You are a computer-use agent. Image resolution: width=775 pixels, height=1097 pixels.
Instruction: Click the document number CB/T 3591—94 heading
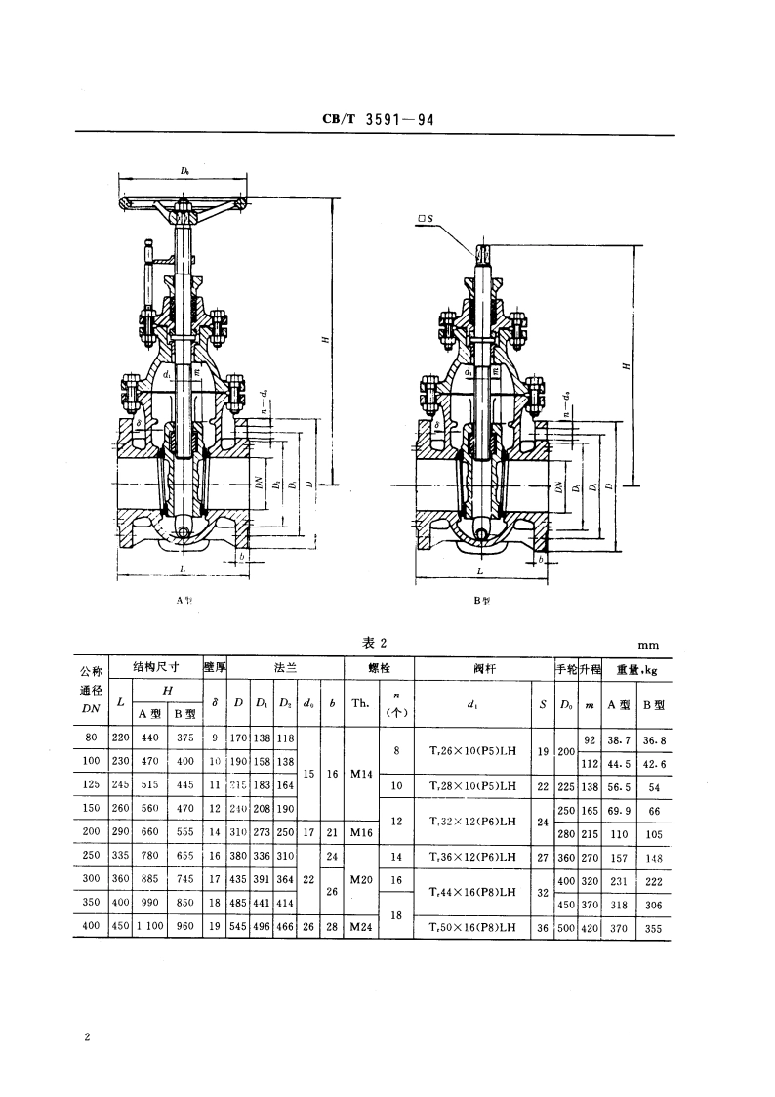tap(378, 120)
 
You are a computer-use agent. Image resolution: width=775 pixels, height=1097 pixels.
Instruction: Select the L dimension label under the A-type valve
tap(183, 568)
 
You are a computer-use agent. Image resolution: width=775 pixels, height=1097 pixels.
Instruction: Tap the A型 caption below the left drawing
tap(184, 601)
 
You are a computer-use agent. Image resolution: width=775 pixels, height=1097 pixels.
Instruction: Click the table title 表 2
tap(376, 642)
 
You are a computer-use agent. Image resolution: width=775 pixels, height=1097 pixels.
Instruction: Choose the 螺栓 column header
tap(379, 669)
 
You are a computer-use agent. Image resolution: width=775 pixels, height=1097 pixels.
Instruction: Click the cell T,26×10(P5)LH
tap(472, 751)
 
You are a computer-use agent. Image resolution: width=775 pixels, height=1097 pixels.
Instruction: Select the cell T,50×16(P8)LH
tap(472, 927)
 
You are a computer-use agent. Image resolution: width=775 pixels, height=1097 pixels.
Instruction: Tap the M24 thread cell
tap(360, 927)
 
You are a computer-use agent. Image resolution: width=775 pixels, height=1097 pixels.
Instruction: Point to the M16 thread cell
tap(360, 833)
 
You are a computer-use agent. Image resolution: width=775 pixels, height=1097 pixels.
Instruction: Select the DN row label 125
tap(90, 784)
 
